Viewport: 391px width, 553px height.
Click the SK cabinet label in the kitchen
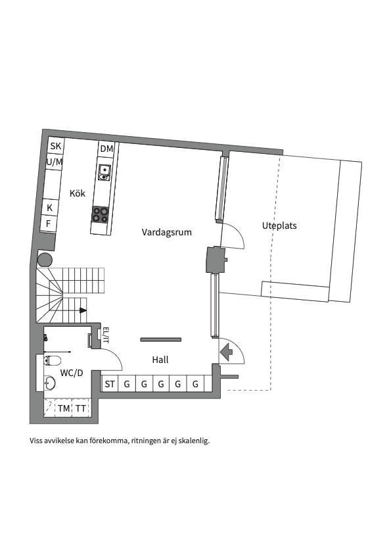(56, 146)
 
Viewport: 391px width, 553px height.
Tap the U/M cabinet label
(55, 162)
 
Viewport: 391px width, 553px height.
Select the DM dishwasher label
(107, 149)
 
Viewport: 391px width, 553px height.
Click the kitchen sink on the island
(104, 172)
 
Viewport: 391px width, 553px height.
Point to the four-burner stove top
(100, 214)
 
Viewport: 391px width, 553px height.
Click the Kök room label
(78, 193)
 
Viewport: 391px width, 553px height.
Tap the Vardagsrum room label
(167, 232)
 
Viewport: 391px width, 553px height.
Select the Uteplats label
(279, 226)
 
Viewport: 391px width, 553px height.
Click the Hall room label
(160, 360)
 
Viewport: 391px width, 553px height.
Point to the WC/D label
(72, 373)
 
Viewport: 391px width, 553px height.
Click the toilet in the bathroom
(52, 360)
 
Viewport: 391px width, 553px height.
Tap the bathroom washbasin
(50, 383)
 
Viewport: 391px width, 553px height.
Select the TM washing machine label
(64, 408)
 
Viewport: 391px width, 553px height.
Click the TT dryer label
(81, 408)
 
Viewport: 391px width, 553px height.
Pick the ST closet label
(110, 384)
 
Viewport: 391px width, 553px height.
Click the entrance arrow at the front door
(226, 352)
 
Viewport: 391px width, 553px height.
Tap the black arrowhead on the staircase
(83, 310)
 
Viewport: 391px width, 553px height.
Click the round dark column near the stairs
(45, 260)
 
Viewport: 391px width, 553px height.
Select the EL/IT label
(106, 335)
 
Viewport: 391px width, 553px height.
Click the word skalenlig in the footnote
(195, 441)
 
